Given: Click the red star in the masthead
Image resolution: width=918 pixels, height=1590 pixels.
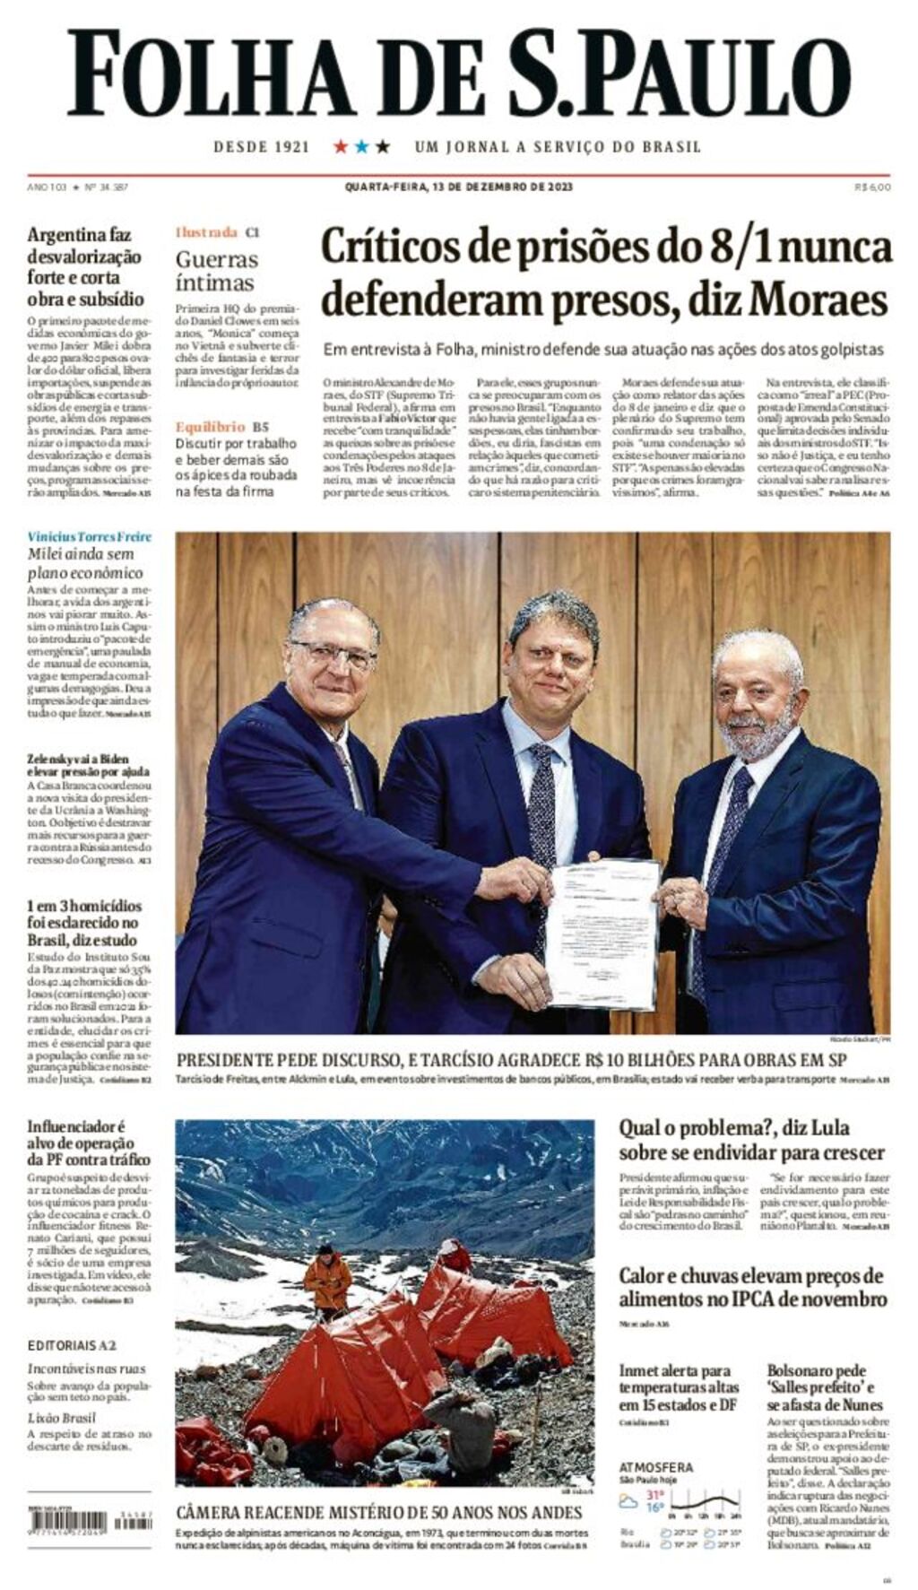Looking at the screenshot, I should pos(341,146).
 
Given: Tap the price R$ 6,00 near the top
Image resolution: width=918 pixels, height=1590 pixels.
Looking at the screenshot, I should pos(872,187).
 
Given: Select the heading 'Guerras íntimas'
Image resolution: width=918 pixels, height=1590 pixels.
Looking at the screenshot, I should pos(216,271).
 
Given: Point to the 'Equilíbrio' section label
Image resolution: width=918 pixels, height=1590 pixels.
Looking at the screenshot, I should pos(210,427).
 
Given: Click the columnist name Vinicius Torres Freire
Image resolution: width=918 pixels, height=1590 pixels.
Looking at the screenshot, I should pos(89,536).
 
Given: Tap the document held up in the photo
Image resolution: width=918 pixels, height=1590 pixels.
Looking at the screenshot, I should pos(602,934).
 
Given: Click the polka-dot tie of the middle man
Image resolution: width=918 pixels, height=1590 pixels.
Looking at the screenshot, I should pos(541,807).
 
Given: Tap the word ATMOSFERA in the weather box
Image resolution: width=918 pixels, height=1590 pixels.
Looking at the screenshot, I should pos(655,1467).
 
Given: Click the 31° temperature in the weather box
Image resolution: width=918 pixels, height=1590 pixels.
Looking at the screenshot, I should pos(655,1495).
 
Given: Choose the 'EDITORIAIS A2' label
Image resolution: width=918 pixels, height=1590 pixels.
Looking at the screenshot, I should pos(72,1345).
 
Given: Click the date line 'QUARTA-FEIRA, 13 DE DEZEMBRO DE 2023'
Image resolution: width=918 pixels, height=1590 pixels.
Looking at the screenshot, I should pos(458,187).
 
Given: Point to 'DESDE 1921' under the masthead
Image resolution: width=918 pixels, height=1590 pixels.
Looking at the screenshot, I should pos(261,146).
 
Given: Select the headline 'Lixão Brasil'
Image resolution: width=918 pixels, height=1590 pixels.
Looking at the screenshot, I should pos(61,1418).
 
